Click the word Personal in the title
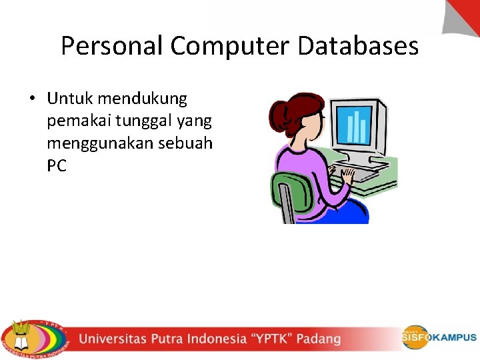pos(111,46)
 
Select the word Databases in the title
pos(359,46)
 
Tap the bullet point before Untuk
pos(32,99)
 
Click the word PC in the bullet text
pos(57,167)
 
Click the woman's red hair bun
pos(278,113)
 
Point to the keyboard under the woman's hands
pos(363,175)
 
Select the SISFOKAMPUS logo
pos(439,337)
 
